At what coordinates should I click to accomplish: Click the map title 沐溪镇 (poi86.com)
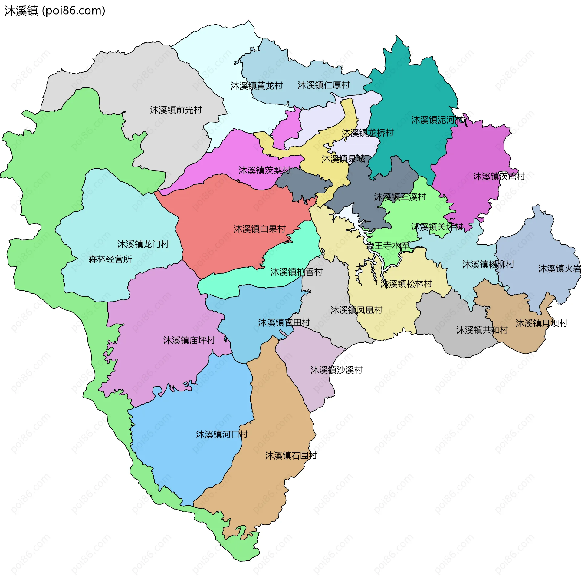(x=55, y=11)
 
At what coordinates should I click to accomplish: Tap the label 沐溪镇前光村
(x=176, y=110)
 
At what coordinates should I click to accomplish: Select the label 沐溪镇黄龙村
(x=257, y=86)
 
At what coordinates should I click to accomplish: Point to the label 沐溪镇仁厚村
(x=323, y=85)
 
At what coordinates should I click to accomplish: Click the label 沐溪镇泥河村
(x=437, y=120)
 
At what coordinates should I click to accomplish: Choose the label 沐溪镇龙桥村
(x=367, y=133)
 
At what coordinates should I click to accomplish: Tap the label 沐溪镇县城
(x=343, y=159)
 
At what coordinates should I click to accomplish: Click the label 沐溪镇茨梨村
(x=264, y=171)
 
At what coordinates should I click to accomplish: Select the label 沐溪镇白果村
(x=259, y=229)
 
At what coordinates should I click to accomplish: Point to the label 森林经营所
(x=110, y=259)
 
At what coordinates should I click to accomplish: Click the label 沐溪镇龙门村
(x=143, y=244)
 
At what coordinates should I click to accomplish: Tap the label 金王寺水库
(x=387, y=246)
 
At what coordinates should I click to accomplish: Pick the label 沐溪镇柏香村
(x=296, y=272)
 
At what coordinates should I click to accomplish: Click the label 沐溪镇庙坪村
(x=189, y=341)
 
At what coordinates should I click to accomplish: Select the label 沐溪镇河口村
(x=222, y=435)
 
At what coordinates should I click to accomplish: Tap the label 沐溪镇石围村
(x=291, y=456)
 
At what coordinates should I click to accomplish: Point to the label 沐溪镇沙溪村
(x=336, y=370)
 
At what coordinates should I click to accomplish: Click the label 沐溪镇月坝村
(x=541, y=323)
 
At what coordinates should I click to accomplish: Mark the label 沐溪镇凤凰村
(x=356, y=310)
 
